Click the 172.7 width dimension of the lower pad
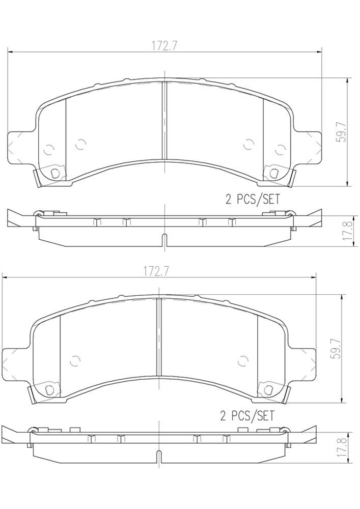(156, 271)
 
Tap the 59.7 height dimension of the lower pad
(335, 349)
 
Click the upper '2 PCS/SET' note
(253, 199)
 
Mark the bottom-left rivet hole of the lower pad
(49, 389)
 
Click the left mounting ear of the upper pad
(18, 148)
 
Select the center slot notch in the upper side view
(164, 239)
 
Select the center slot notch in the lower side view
(159, 454)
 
